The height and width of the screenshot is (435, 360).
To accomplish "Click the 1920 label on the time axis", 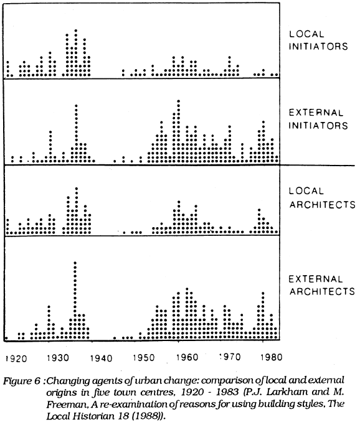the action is pyautogui.click(x=16, y=358).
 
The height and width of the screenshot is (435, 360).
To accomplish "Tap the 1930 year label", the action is pyautogui.click(x=58, y=358).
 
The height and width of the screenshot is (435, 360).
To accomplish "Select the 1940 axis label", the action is pyautogui.click(x=102, y=358).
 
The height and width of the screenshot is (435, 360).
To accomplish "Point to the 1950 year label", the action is pyautogui.click(x=144, y=358).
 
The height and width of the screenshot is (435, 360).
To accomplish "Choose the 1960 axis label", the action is pyautogui.click(x=187, y=357).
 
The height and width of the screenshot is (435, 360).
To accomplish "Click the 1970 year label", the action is pyautogui.click(x=230, y=357).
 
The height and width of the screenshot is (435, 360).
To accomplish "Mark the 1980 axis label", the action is pyautogui.click(x=271, y=357).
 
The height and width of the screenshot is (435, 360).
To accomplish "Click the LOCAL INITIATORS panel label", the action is pyautogui.click(x=318, y=40).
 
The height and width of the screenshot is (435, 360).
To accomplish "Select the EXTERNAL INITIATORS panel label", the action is pyautogui.click(x=318, y=119).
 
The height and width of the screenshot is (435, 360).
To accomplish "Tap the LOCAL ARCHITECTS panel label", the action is pyautogui.click(x=322, y=198).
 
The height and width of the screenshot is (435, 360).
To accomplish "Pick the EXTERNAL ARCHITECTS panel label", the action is pyautogui.click(x=322, y=285).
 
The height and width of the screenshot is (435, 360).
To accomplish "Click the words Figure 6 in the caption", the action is pyautogui.click(x=22, y=381).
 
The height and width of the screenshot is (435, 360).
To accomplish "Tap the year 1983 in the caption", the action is pyautogui.click(x=226, y=391).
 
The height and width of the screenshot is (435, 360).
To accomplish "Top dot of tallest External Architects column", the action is pyautogui.click(x=75, y=262).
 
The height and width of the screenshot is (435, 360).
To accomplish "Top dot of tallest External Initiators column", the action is pyautogui.click(x=179, y=101).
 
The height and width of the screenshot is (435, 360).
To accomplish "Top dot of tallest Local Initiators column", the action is pyautogui.click(x=76, y=30).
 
